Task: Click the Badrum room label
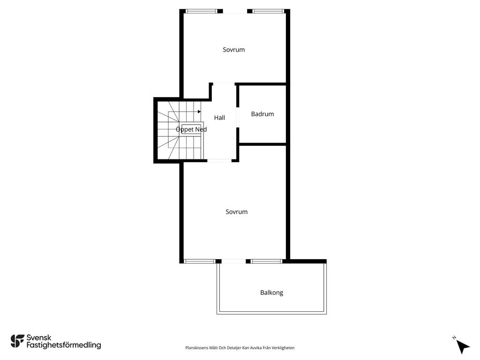tap(262, 114)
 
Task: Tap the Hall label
tap(219, 118)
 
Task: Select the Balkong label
tap(271, 292)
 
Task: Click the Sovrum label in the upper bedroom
tap(233, 50)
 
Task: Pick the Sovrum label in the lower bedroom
tap(236, 212)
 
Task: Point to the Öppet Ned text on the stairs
tap(191, 129)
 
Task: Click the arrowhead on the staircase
tap(199, 112)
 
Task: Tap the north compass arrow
tap(463, 347)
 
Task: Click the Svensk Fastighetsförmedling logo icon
tap(17, 341)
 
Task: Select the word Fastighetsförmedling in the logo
tap(64, 345)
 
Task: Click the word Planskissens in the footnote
tap(197, 348)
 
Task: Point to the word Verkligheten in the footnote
tap(284, 348)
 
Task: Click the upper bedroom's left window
tap(202, 11)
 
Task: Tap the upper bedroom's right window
tap(269, 11)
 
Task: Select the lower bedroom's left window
tap(200, 262)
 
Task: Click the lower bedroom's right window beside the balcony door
tap(266, 262)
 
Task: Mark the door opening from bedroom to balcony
tap(233, 262)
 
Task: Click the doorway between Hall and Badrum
tap(238, 118)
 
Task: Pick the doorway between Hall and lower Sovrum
tap(219, 160)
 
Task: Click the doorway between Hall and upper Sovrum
tap(224, 83)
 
